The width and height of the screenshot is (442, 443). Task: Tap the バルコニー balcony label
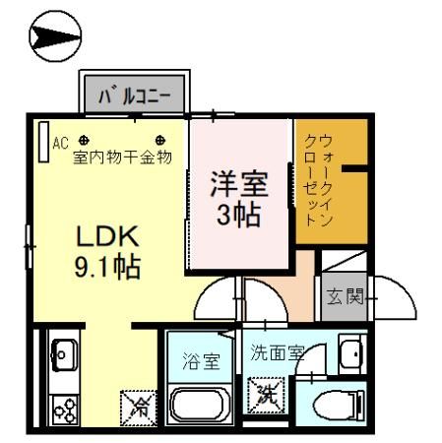[x=135, y=96]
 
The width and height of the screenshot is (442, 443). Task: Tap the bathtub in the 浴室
[x=201, y=404]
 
